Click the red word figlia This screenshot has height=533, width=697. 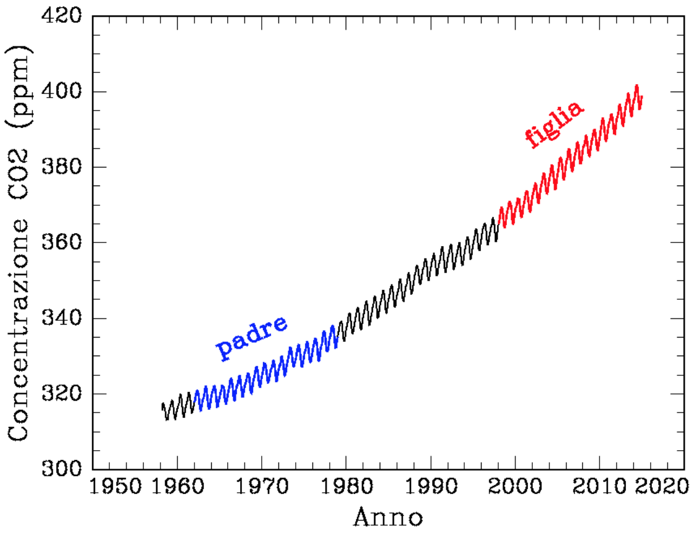554,124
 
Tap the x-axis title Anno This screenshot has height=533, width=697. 388,516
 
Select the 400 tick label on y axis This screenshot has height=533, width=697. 61,92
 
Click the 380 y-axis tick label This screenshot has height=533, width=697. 61,167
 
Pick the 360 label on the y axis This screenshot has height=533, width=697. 61,242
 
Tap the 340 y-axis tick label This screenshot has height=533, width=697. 61,318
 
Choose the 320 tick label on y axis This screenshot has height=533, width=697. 61,394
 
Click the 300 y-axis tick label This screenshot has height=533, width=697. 61,469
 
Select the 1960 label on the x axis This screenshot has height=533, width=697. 177,486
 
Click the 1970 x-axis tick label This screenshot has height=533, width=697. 262,486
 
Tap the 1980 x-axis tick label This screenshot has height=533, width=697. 346,486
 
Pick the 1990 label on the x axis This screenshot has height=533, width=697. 430,486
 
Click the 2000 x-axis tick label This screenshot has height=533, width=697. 515,486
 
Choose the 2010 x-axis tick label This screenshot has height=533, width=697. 599,486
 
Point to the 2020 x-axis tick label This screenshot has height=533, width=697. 662,486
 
